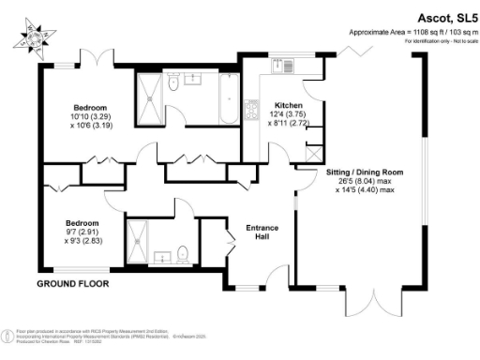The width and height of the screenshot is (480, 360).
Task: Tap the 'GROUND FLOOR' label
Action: tap(72, 282)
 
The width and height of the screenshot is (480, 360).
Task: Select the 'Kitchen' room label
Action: tap(288, 105)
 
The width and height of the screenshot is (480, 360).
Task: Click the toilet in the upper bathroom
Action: tap(173, 85)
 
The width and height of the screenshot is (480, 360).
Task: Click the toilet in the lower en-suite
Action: tap(183, 253)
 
